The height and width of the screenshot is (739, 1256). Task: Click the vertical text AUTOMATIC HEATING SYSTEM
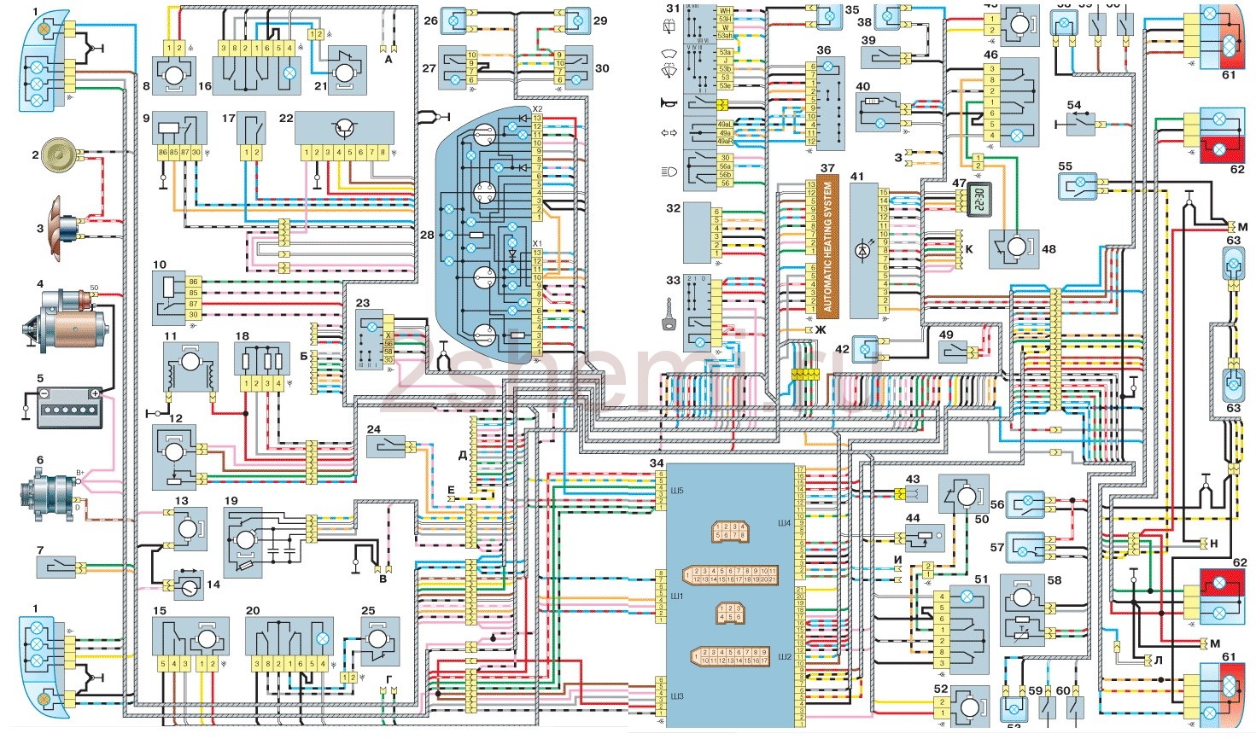tap(826, 247)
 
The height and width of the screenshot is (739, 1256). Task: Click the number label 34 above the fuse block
tap(657, 463)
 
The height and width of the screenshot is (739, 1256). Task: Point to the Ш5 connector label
tap(652, 480)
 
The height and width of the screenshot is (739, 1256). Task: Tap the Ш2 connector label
tap(785, 656)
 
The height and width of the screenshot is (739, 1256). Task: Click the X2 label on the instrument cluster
tap(536, 110)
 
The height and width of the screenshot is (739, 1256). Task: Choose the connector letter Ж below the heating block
tap(821, 329)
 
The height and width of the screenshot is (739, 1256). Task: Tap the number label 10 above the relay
tap(160, 265)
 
